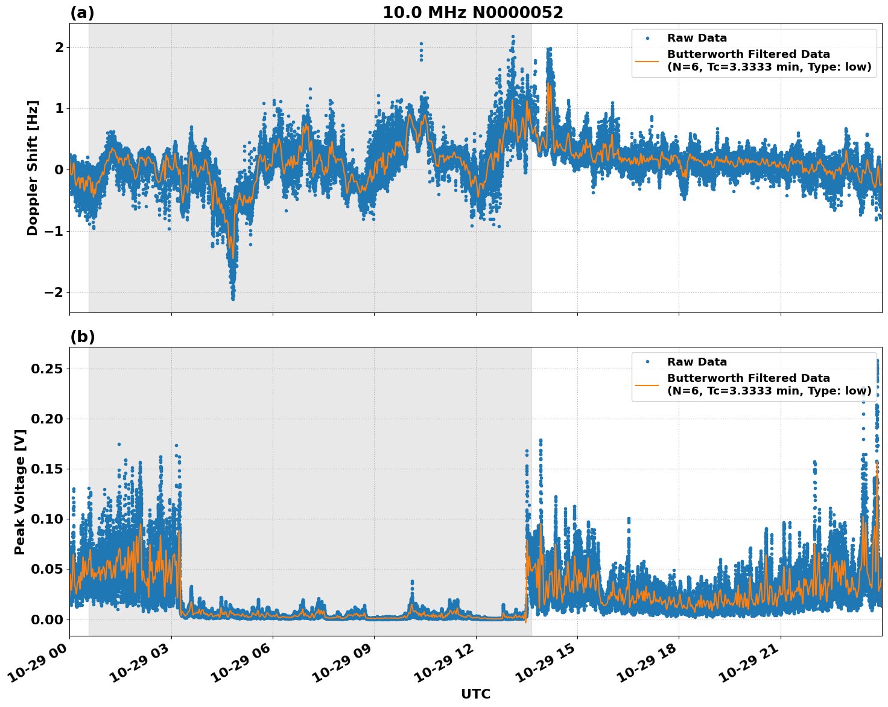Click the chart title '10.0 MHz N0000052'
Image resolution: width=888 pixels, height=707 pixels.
(472, 13)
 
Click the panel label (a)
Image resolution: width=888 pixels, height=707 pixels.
(82, 13)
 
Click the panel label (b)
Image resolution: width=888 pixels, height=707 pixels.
(82, 337)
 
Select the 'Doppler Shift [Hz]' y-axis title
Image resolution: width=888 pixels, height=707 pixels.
(33, 168)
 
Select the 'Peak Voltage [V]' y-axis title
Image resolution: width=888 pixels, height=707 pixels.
(20, 492)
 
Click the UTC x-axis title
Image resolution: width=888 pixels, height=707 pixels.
(475, 694)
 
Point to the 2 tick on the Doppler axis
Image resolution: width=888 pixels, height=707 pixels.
(59, 47)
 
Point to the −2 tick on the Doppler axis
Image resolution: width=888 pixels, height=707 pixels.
(54, 292)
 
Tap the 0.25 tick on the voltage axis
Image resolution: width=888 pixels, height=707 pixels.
(47, 369)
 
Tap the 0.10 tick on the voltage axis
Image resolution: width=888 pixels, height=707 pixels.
(47, 519)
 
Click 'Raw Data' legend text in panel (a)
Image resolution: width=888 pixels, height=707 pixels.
(697, 38)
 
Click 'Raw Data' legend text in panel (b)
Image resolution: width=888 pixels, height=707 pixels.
(697, 362)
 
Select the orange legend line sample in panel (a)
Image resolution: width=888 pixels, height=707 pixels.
(647, 61)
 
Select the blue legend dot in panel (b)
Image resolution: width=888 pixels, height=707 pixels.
(647, 362)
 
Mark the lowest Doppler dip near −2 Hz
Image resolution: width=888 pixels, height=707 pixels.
(233, 298)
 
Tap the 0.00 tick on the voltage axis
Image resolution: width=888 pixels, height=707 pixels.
(47, 620)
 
